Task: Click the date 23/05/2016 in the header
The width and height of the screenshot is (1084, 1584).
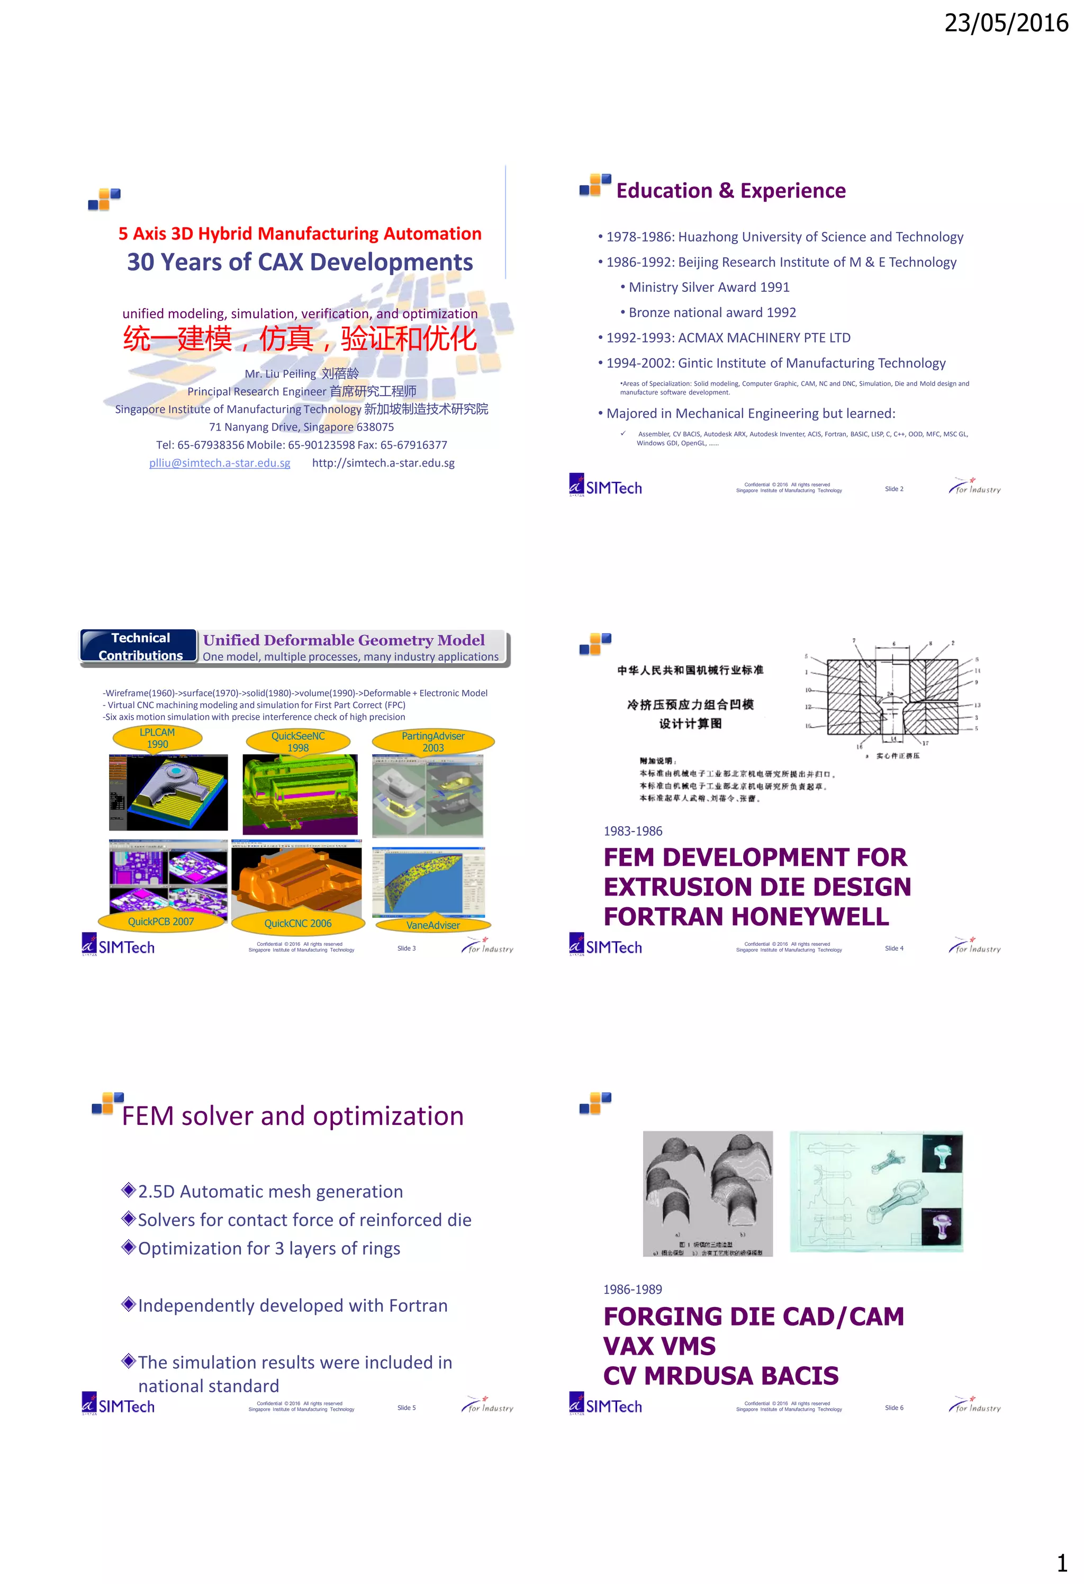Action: [1005, 23]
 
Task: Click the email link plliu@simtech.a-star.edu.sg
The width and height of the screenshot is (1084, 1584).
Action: [219, 463]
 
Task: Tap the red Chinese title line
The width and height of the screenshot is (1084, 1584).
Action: [299, 339]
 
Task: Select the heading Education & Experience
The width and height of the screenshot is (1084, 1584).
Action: [730, 191]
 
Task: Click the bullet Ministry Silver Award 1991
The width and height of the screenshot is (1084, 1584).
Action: [709, 287]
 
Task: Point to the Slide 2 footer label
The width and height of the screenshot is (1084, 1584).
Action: [893, 489]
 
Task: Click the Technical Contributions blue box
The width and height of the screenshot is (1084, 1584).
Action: [140, 646]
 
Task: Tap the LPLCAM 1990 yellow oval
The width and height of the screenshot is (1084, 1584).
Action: [157, 738]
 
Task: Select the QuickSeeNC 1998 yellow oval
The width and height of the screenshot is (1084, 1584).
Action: [298, 741]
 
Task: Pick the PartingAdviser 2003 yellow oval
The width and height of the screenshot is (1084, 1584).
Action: [432, 741]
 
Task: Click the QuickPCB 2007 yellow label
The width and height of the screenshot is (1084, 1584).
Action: [161, 921]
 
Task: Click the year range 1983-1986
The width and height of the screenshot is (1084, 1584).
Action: [633, 831]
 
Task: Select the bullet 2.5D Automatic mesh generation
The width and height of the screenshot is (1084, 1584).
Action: [270, 1192]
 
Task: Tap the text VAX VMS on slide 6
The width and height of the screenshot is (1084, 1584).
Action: [659, 1346]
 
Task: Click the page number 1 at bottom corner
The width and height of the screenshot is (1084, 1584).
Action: [1061, 1562]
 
